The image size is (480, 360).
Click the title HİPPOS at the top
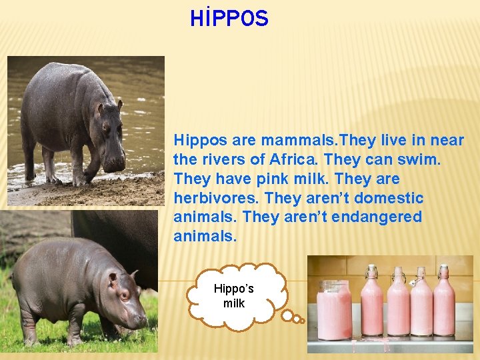(229, 19)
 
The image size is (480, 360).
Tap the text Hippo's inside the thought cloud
(233, 289)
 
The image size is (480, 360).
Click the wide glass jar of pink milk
(334, 311)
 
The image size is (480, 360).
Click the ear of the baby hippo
(113, 278)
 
